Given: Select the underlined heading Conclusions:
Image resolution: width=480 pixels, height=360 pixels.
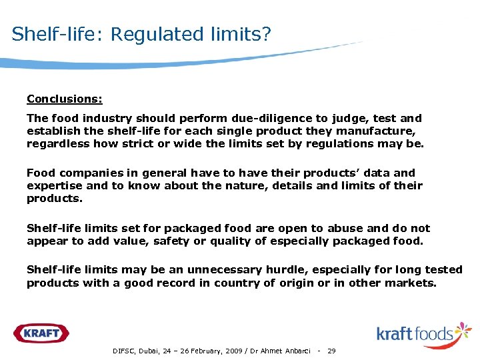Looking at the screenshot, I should pos(65,99).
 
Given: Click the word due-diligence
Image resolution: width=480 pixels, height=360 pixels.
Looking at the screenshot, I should pos(253,118).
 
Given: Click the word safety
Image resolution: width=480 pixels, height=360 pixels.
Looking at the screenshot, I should pos(172,241).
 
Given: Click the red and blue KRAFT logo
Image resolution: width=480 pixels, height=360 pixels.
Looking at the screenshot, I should pos(41,333).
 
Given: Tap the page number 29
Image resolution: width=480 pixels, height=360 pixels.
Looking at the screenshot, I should pos(332,351).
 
